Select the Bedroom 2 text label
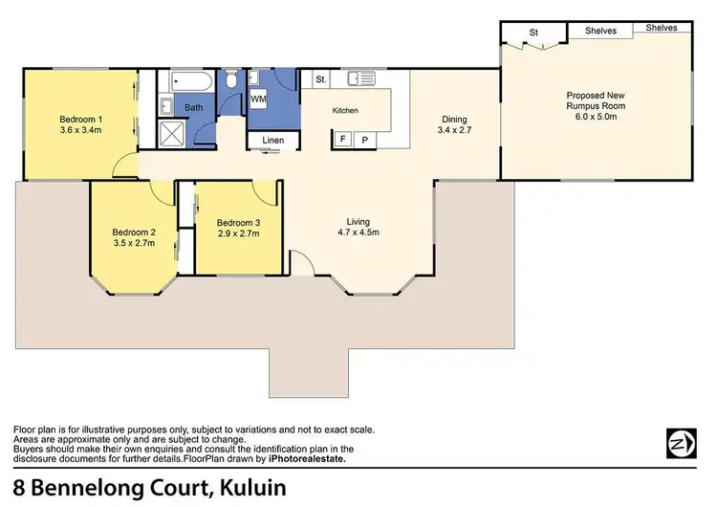pyautogui.click(x=134, y=237)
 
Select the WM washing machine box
pyautogui.click(x=258, y=99)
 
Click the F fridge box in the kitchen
pyautogui.click(x=342, y=140)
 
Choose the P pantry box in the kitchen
pyautogui.click(x=364, y=140)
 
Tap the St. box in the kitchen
pyautogui.click(x=321, y=78)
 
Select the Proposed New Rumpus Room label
pyautogui.click(x=597, y=104)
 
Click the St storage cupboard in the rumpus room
pyautogui.click(x=534, y=33)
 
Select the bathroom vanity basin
pyautogui.click(x=163, y=105)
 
